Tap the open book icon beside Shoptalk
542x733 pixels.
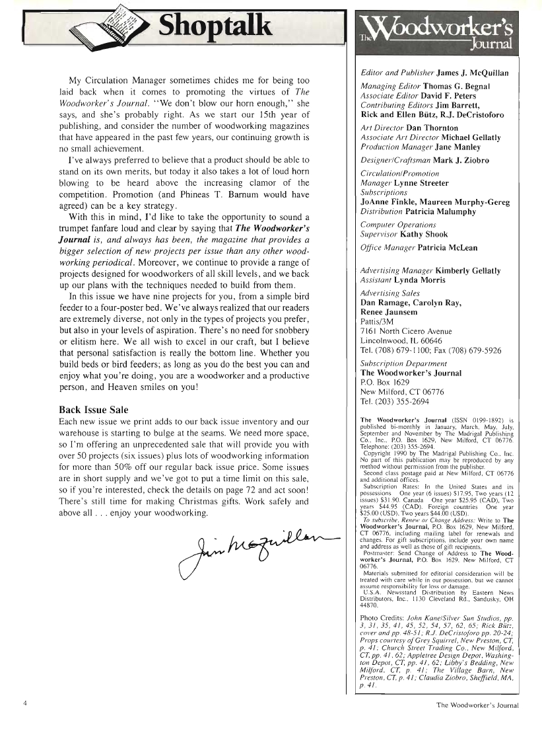[117, 27]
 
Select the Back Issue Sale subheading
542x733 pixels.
[94, 409]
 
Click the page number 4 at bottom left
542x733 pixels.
[24, 703]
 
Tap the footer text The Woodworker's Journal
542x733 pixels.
[477, 705]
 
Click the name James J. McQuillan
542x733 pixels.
[467, 73]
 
